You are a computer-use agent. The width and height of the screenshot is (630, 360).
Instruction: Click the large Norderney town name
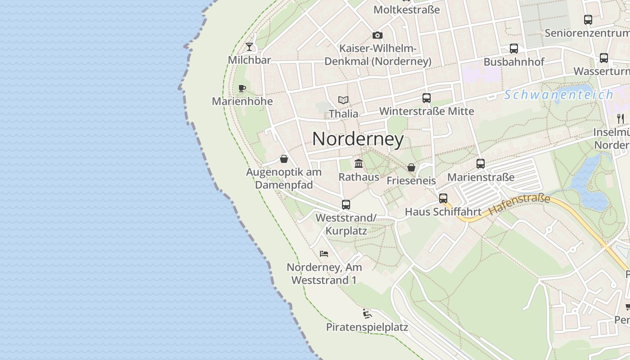pos(358,139)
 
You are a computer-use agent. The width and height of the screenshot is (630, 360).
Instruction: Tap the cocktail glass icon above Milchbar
pos(249,46)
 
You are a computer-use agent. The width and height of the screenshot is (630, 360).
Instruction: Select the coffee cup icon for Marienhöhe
pos(242,88)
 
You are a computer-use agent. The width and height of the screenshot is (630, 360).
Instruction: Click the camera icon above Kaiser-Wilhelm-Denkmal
pos(377,35)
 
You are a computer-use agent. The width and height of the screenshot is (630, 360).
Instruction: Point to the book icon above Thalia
pos(343,100)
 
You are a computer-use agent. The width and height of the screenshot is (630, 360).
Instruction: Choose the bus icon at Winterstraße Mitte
pos(426,98)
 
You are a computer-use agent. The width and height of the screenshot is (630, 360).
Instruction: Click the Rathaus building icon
pos(359,163)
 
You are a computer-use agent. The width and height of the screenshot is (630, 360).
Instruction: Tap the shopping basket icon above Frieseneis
pos(411,167)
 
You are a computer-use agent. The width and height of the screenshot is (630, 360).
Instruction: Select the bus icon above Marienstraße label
pos(480,164)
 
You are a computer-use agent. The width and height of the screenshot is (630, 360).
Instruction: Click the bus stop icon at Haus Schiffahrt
pos(443,198)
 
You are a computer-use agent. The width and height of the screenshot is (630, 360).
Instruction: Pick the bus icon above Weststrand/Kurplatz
pos(346,204)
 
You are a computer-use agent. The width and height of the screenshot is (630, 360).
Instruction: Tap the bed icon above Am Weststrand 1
pos(324,254)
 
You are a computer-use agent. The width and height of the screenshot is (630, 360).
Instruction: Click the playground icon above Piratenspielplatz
pos(367,313)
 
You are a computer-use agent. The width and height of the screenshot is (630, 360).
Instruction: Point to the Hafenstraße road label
pos(519,204)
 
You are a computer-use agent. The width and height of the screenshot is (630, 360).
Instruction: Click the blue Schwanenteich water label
pos(558,95)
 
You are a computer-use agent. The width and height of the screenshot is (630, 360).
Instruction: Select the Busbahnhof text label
pos(514,62)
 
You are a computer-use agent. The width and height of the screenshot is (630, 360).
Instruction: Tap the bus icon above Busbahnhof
pos(513,49)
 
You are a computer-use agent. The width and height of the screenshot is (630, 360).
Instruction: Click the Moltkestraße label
pos(406,9)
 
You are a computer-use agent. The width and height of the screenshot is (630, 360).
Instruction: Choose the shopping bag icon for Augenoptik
pos(284,159)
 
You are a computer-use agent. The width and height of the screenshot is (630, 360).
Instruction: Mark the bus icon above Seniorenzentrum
pos(588,20)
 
